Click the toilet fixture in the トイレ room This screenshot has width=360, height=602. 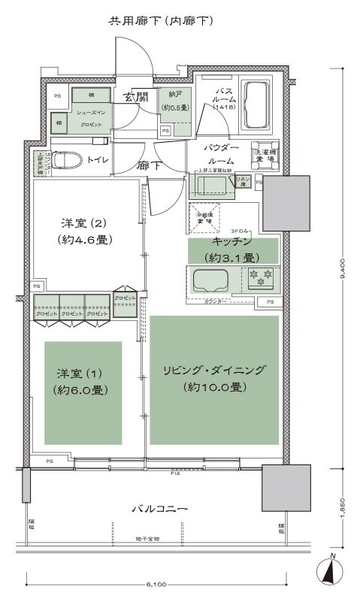(67, 160)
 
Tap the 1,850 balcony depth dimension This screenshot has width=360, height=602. (343, 507)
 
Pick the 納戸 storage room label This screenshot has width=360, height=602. (174, 96)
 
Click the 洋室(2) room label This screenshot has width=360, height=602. (87, 224)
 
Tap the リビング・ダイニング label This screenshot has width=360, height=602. (214, 371)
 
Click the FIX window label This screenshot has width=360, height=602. (174, 475)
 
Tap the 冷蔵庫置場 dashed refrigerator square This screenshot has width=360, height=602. (203, 217)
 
